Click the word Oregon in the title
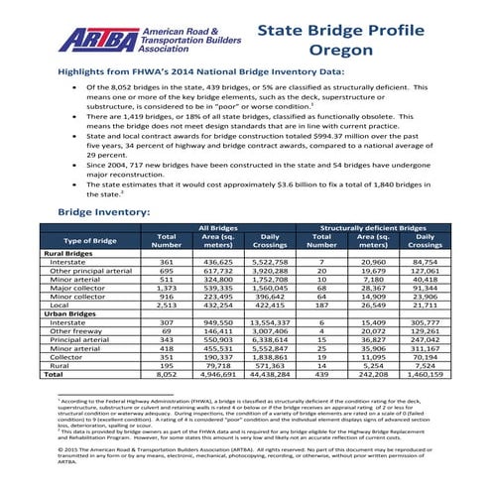(x=340, y=50)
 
